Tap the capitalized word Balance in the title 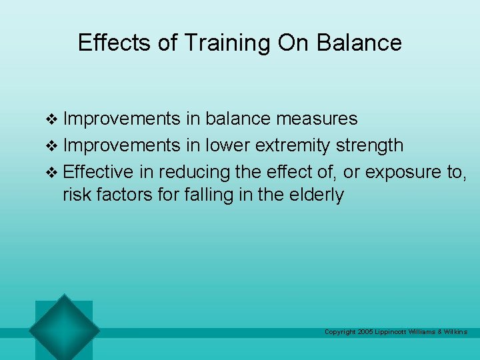[x=359, y=43]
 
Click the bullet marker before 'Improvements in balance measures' [x=55, y=120]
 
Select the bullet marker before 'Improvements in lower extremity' [x=55, y=145]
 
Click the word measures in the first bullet [x=317, y=119]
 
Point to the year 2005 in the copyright [x=365, y=332]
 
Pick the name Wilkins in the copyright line [x=455, y=332]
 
